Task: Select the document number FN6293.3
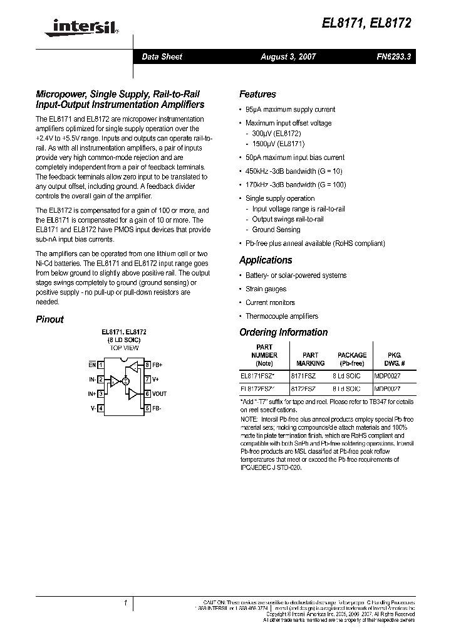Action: coord(394,56)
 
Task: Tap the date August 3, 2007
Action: coord(288,56)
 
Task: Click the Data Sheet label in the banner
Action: coord(162,56)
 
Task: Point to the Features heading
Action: coord(257,94)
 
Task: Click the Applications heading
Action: coord(266,260)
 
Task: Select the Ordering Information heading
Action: coord(283,332)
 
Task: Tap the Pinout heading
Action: coord(49,319)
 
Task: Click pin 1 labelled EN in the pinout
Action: coord(93,365)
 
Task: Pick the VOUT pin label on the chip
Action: coord(159,394)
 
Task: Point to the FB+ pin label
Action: coord(157,365)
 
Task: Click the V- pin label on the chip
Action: coord(93,408)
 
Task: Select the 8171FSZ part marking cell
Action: coord(303,375)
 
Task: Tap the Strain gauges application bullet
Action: coord(266,289)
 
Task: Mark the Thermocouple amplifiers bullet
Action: coord(281,316)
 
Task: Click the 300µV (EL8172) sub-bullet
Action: coord(276,134)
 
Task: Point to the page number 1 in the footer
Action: coord(126,603)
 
